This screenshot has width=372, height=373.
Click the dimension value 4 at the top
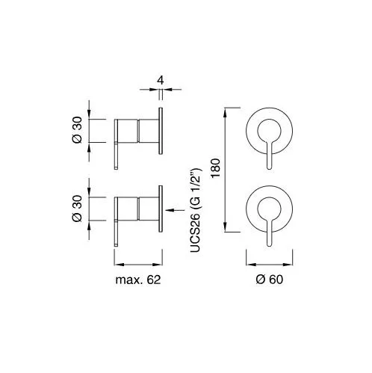[x=161, y=81]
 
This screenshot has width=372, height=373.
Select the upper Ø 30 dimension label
[x=77, y=130]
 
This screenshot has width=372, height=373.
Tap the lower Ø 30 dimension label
[x=77, y=209]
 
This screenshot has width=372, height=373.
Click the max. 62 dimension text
[x=138, y=280]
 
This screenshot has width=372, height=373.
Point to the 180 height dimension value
[x=216, y=167]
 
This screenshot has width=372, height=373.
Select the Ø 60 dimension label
[x=270, y=280]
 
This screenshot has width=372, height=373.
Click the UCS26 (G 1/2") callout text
[x=196, y=211]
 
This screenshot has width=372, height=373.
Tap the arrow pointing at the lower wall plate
[x=175, y=210]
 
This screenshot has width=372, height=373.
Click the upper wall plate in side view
[x=161, y=131]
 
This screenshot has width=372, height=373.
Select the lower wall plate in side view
[x=161, y=209]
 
